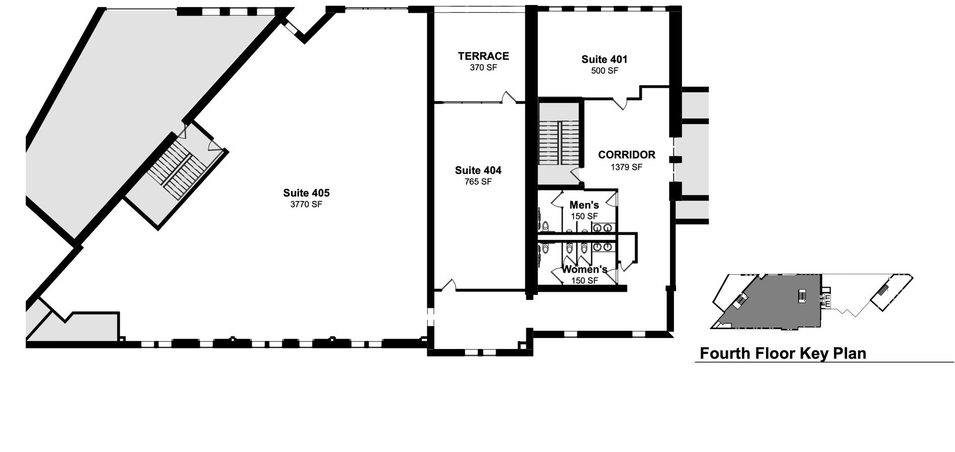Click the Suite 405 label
(x=306, y=193)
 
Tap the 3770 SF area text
(x=306, y=204)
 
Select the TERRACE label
(x=483, y=56)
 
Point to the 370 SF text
(x=483, y=67)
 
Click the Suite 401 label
(x=604, y=59)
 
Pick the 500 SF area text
(x=605, y=71)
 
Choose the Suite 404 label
(x=478, y=170)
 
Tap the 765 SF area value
(x=478, y=182)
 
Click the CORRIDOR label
(x=626, y=155)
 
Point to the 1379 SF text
(x=626, y=167)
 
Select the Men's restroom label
(x=584, y=205)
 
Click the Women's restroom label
(x=585, y=270)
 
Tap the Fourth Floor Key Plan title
(x=783, y=354)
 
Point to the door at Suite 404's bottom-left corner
(x=448, y=285)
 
